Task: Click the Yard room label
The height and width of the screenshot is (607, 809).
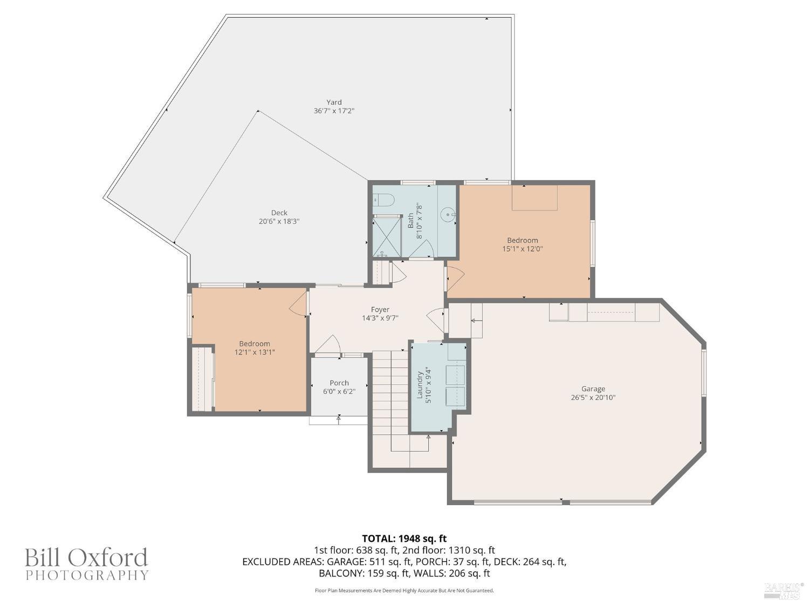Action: pyautogui.click(x=334, y=102)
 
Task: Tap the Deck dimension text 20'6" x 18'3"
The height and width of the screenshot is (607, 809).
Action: pyautogui.click(x=279, y=221)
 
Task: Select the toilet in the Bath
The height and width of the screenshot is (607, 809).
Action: pyautogui.click(x=383, y=200)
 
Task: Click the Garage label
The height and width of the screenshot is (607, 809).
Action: pyautogui.click(x=593, y=388)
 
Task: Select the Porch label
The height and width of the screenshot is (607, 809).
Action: pyautogui.click(x=339, y=383)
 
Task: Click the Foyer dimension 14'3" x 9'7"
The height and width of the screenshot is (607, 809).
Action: pyautogui.click(x=380, y=318)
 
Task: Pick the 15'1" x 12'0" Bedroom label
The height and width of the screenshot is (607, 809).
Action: pyautogui.click(x=522, y=244)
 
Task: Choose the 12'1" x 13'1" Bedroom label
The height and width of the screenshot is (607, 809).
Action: pyautogui.click(x=255, y=348)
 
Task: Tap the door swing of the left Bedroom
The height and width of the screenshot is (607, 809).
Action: pyautogui.click(x=298, y=306)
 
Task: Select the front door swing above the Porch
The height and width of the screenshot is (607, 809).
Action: pyautogui.click(x=328, y=344)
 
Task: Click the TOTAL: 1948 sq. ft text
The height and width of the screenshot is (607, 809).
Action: pyautogui.click(x=404, y=538)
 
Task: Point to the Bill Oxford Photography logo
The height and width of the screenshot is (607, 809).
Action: pyautogui.click(x=86, y=564)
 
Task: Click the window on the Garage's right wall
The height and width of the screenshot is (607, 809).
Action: pyautogui.click(x=703, y=372)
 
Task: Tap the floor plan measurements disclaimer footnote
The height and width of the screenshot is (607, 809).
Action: pyautogui.click(x=404, y=590)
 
